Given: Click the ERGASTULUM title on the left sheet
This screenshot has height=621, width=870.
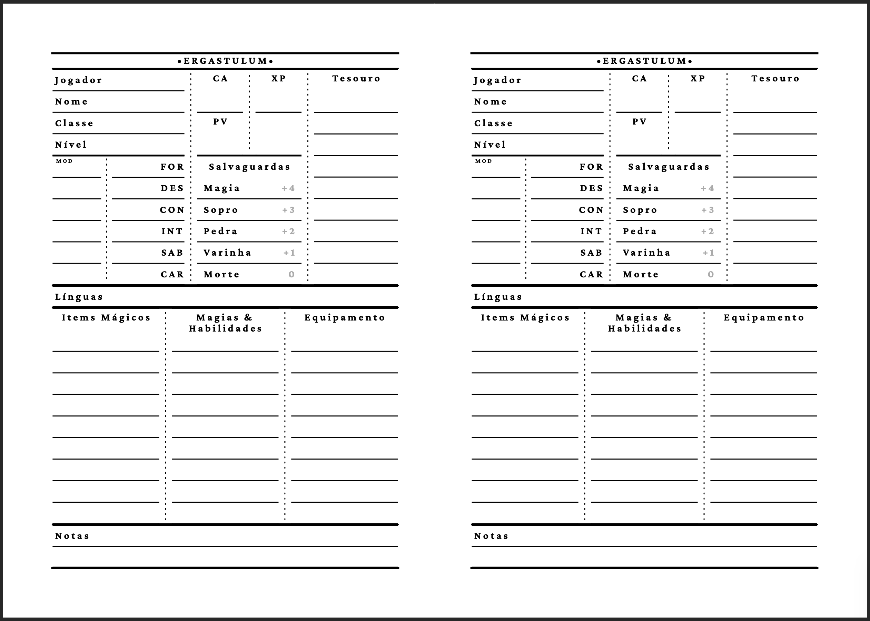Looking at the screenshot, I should coord(225,61).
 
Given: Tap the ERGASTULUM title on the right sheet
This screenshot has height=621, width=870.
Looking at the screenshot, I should coord(644,61).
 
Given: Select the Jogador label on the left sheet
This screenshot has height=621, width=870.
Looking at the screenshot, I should coord(78,80).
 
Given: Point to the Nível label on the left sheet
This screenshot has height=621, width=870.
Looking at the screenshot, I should coord(71,145).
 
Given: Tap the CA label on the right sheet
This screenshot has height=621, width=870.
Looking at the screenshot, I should coord(639,79).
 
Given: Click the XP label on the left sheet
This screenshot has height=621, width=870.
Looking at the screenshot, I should coord(279,79).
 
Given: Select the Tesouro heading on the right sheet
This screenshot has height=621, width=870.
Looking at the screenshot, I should coord(775,79).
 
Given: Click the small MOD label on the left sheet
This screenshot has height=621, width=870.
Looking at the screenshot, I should coord(64,161).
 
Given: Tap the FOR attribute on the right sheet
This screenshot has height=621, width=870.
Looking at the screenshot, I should coord(591,167).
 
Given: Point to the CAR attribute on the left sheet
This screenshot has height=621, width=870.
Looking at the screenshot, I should coord(172,275).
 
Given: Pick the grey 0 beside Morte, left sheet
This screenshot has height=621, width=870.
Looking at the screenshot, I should coord(291,275).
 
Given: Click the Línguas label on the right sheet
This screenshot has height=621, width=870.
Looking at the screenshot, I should coord(498,297).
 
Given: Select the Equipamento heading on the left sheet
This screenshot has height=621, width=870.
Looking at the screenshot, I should coord(345,318).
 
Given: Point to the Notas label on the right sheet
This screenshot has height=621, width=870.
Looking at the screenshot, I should coord(491,536).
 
